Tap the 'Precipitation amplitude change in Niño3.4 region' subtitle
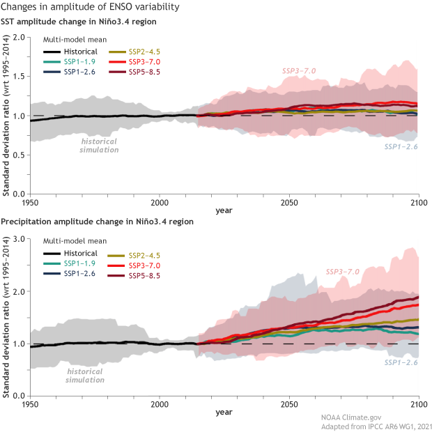[x=98, y=222]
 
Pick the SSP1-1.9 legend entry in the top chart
[x=75, y=61]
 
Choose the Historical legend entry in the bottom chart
[x=77, y=253]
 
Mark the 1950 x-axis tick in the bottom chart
[x=29, y=403]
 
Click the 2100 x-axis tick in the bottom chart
[x=418, y=403]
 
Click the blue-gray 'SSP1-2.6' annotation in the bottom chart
[x=401, y=362]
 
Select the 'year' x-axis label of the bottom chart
[x=224, y=412]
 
